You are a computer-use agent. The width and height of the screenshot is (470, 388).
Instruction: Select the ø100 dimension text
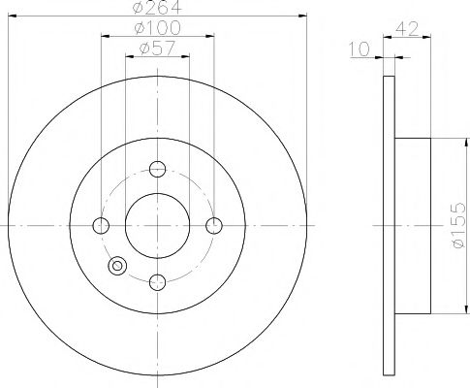(158, 29)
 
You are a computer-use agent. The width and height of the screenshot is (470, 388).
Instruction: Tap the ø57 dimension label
(158, 48)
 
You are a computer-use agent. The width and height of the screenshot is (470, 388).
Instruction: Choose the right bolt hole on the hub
(215, 226)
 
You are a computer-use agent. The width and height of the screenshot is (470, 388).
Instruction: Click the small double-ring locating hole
(119, 266)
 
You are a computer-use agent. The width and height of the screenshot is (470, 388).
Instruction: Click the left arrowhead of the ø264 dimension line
(12, 18)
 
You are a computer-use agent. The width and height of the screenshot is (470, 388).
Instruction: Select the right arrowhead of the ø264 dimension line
(302, 18)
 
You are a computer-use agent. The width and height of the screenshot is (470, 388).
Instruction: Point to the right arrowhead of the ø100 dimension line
(211, 38)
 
